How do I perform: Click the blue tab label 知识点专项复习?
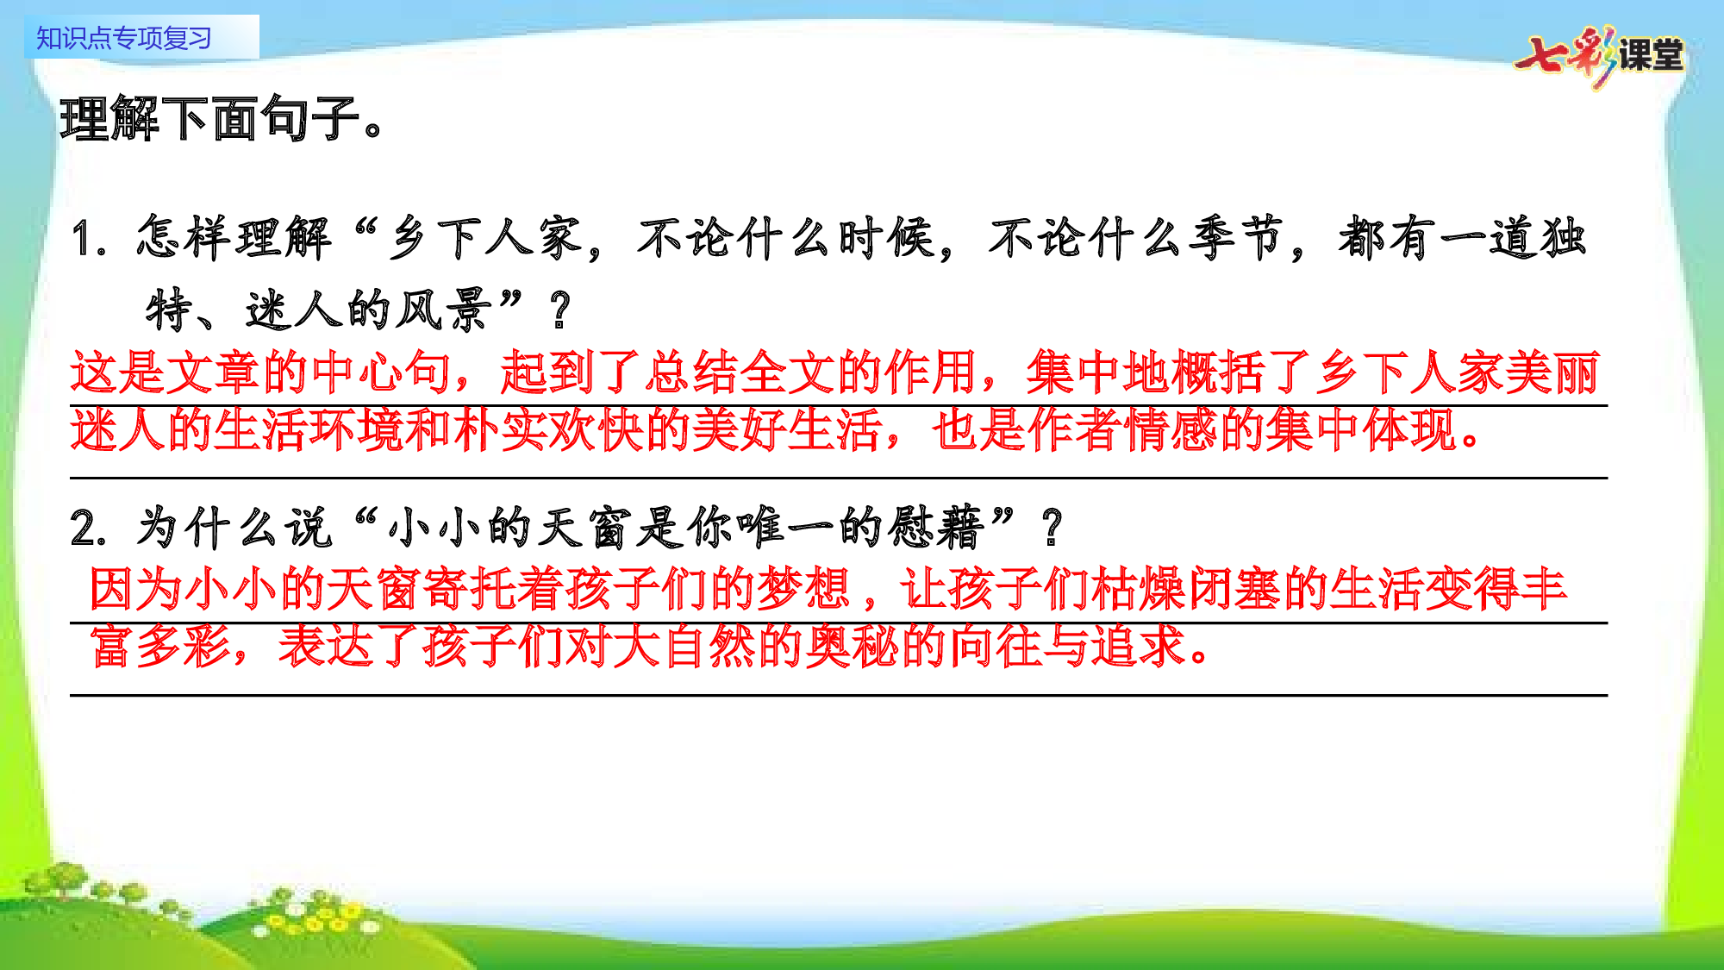[x=124, y=38]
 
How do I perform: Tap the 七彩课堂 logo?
[x=1600, y=55]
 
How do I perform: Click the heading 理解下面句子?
[x=221, y=118]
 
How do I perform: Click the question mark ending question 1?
[x=560, y=310]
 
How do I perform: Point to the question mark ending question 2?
[x=1052, y=528]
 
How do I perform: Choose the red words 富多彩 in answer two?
[x=160, y=647]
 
